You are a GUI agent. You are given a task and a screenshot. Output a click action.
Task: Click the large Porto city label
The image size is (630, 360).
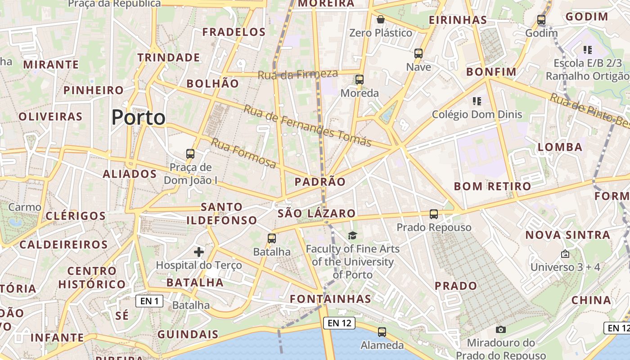point(138,117)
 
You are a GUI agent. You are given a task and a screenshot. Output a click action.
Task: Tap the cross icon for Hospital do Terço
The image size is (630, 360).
point(199,252)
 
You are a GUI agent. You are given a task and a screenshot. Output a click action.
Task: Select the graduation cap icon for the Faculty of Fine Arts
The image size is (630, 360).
point(352,235)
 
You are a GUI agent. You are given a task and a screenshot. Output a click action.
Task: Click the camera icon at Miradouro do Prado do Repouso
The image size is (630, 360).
point(501,329)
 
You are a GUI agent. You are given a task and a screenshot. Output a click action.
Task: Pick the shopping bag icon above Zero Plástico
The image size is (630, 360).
point(381,19)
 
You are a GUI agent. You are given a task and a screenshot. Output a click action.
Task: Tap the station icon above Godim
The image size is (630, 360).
point(541,20)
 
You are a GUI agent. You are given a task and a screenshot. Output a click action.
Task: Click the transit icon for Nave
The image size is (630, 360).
point(418,54)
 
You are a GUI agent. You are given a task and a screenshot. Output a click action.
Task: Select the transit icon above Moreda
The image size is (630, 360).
point(359,80)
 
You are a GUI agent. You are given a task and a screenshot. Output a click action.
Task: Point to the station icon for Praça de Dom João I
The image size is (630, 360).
point(190,154)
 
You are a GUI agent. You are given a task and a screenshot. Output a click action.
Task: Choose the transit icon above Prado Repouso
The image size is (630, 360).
point(434,214)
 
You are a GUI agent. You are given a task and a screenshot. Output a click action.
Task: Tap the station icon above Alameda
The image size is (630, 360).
point(382,332)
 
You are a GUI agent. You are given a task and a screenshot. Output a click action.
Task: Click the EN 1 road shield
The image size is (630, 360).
point(149,301)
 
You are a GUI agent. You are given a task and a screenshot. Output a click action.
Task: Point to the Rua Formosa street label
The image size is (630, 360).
point(243,153)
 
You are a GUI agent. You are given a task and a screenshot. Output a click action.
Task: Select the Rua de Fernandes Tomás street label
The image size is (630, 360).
point(308,126)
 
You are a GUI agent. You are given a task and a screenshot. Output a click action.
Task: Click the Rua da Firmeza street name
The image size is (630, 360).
point(297,74)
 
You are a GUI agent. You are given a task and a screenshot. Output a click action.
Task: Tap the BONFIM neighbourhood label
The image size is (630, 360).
point(491,72)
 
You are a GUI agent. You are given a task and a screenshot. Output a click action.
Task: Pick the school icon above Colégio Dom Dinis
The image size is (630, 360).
point(477,101)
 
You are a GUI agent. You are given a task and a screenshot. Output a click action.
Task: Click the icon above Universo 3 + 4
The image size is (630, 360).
point(565,254)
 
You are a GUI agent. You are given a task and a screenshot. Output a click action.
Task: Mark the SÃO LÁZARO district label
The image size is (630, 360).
point(316,213)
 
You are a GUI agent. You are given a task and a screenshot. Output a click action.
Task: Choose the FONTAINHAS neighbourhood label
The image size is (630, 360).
point(330,299)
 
